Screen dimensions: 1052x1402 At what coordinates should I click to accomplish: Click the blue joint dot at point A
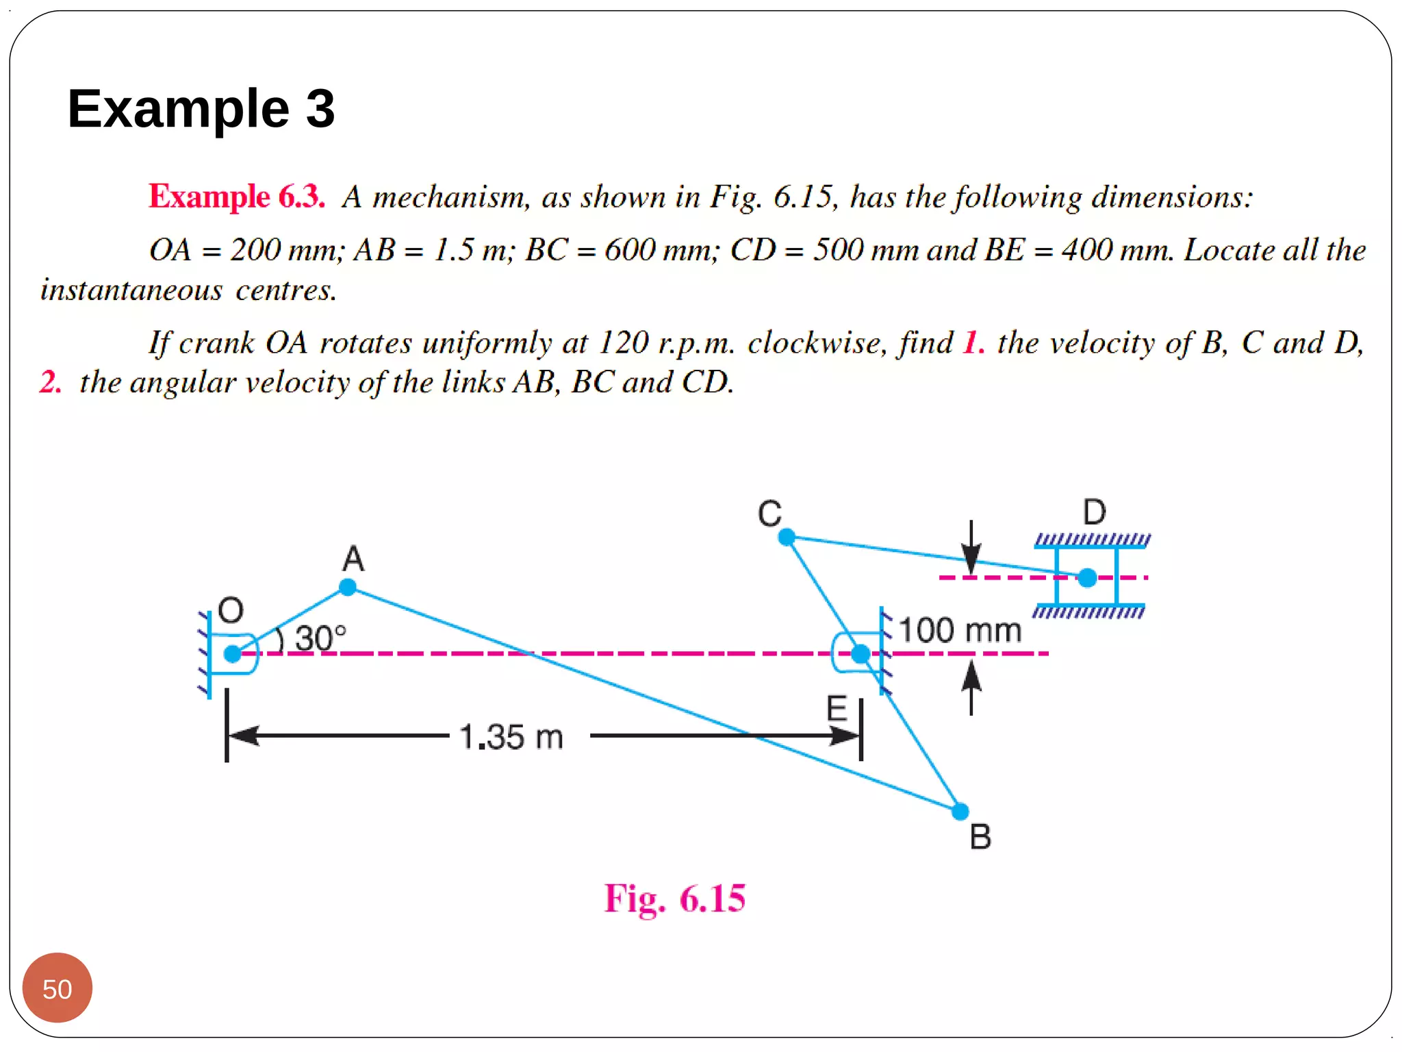348,587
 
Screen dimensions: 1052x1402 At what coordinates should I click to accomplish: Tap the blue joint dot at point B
960,812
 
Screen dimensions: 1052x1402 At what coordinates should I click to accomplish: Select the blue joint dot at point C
787,537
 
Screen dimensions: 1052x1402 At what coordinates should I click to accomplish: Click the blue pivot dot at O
233,653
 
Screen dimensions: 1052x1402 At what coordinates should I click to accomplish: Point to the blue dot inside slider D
1087,577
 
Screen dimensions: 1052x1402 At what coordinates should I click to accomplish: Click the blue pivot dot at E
861,653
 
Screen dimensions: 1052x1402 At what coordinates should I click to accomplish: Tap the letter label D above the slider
1094,512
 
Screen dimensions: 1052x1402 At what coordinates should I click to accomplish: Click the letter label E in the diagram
837,708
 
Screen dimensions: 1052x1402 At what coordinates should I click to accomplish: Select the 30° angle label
320,638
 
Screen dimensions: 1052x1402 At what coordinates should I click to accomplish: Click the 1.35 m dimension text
511,738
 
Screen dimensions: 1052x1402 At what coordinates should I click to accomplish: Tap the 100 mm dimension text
960,630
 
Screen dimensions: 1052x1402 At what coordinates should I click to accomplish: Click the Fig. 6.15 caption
674,898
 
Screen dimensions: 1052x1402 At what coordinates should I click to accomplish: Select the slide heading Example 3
201,108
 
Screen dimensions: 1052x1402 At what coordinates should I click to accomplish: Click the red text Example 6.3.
237,197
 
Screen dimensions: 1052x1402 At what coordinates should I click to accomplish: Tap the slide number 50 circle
58,988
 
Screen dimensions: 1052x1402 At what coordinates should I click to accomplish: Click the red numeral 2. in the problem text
50,382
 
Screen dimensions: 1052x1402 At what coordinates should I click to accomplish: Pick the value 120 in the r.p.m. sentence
623,342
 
